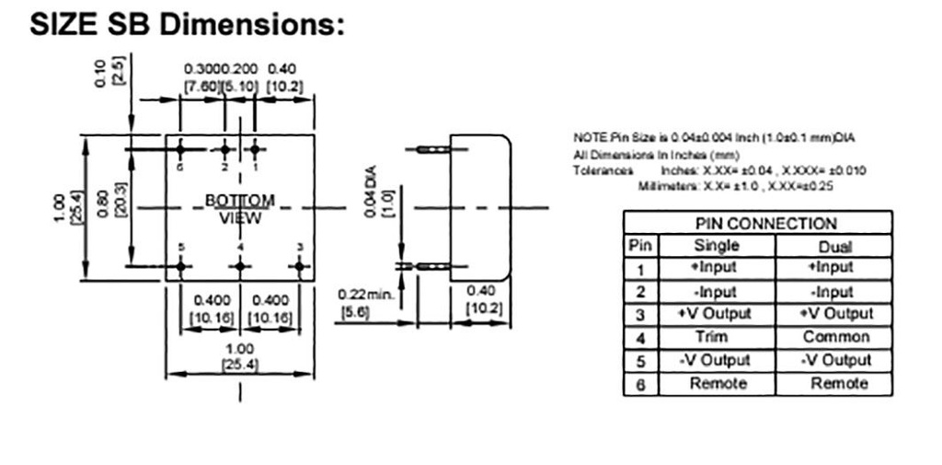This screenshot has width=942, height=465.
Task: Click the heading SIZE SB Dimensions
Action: coord(187,25)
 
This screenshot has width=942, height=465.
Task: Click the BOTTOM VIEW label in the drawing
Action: coord(239,209)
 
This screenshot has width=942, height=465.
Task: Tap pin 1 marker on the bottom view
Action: coord(256,149)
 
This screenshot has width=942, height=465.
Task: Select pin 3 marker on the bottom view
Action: coord(300,267)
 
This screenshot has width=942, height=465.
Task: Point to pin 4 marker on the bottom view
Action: coord(240,267)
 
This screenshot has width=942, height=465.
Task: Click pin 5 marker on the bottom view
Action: coord(181,267)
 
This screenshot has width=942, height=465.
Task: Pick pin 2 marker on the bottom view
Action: coord(224,149)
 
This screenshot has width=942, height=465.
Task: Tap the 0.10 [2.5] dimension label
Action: coord(109,72)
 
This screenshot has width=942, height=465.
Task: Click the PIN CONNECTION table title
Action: coord(757,223)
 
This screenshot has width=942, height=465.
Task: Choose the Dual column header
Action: coord(833,246)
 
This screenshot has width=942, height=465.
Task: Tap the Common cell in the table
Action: coord(833,337)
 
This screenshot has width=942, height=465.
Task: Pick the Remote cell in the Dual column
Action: coord(833,383)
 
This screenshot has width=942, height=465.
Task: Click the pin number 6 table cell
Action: coord(638,384)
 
